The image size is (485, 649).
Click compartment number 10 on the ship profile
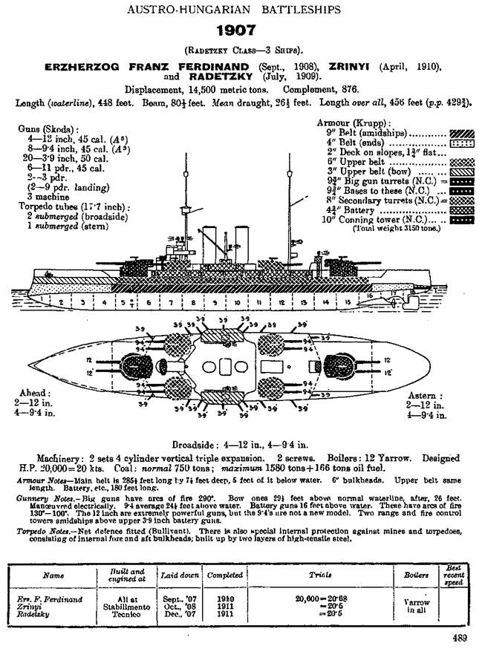[236, 303]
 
